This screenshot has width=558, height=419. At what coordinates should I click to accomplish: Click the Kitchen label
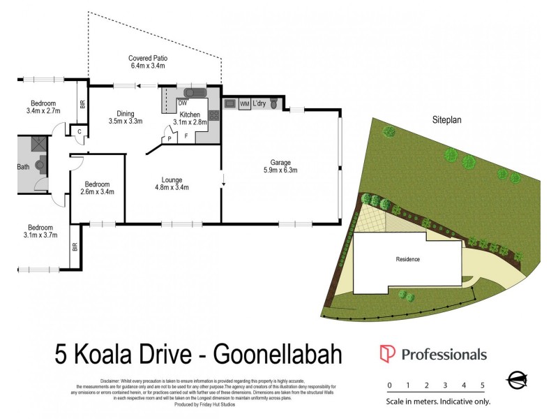pyautogui.click(x=190, y=115)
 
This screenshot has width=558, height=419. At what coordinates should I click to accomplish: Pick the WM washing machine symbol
pyautogui.click(x=244, y=104)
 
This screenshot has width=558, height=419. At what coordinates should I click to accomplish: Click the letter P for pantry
pyautogui.click(x=170, y=139)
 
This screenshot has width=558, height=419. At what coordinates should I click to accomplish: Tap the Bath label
pyautogui.click(x=22, y=167)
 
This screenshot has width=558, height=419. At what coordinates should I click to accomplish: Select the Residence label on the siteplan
pyautogui.click(x=408, y=260)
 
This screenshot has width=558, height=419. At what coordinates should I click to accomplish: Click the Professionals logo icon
pyautogui.click(x=388, y=354)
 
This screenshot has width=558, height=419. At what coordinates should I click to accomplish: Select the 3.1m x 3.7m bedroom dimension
pyautogui.click(x=40, y=236)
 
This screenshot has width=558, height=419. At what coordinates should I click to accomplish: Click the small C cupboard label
pyautogui.click(x=80, y=131)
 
